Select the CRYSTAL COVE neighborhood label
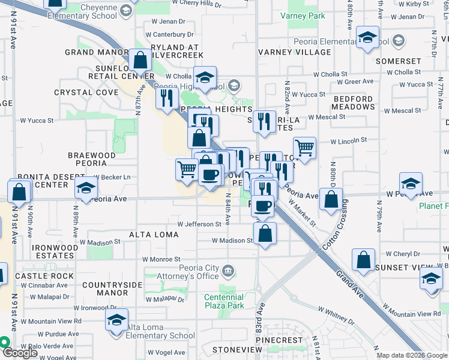click(86, 92)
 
